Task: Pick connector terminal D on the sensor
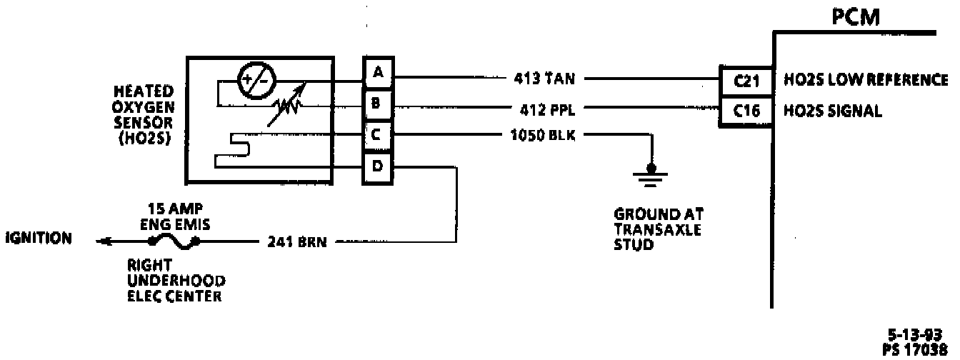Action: (378, 168)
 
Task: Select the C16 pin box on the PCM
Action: (745, 111)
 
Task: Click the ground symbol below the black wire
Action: (649, 174)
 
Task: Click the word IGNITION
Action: (38, 239)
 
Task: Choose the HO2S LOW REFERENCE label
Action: (866, 79)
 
